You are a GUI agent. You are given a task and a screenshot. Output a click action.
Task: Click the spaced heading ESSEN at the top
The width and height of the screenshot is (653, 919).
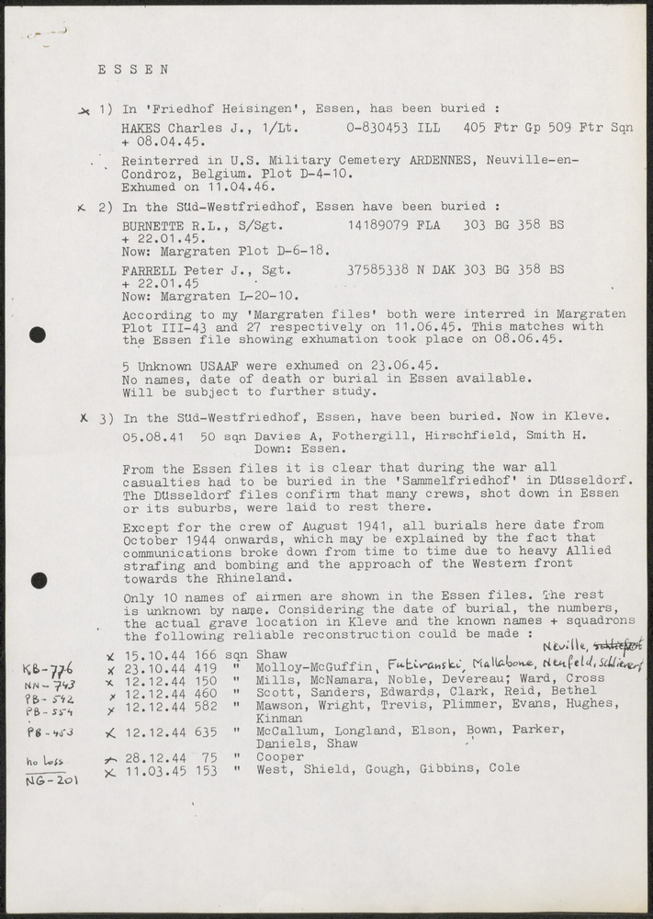click(133, 68)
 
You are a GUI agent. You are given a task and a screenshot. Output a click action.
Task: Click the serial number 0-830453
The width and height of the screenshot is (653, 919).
click(377, 130)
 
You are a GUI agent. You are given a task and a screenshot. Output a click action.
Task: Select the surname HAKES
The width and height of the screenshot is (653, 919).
click(142, 130)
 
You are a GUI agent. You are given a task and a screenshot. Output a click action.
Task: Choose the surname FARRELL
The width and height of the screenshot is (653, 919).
click(150, 270)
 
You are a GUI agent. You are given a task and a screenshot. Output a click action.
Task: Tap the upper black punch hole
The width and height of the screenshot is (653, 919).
click(38, 335)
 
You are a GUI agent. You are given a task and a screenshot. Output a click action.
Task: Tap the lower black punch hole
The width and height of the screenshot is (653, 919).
click(38, 580)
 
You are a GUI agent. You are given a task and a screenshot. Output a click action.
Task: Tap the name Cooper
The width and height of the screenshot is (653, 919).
click(279, 756)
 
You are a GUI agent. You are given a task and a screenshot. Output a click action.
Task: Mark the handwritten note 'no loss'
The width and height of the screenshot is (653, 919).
click(41, 762)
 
